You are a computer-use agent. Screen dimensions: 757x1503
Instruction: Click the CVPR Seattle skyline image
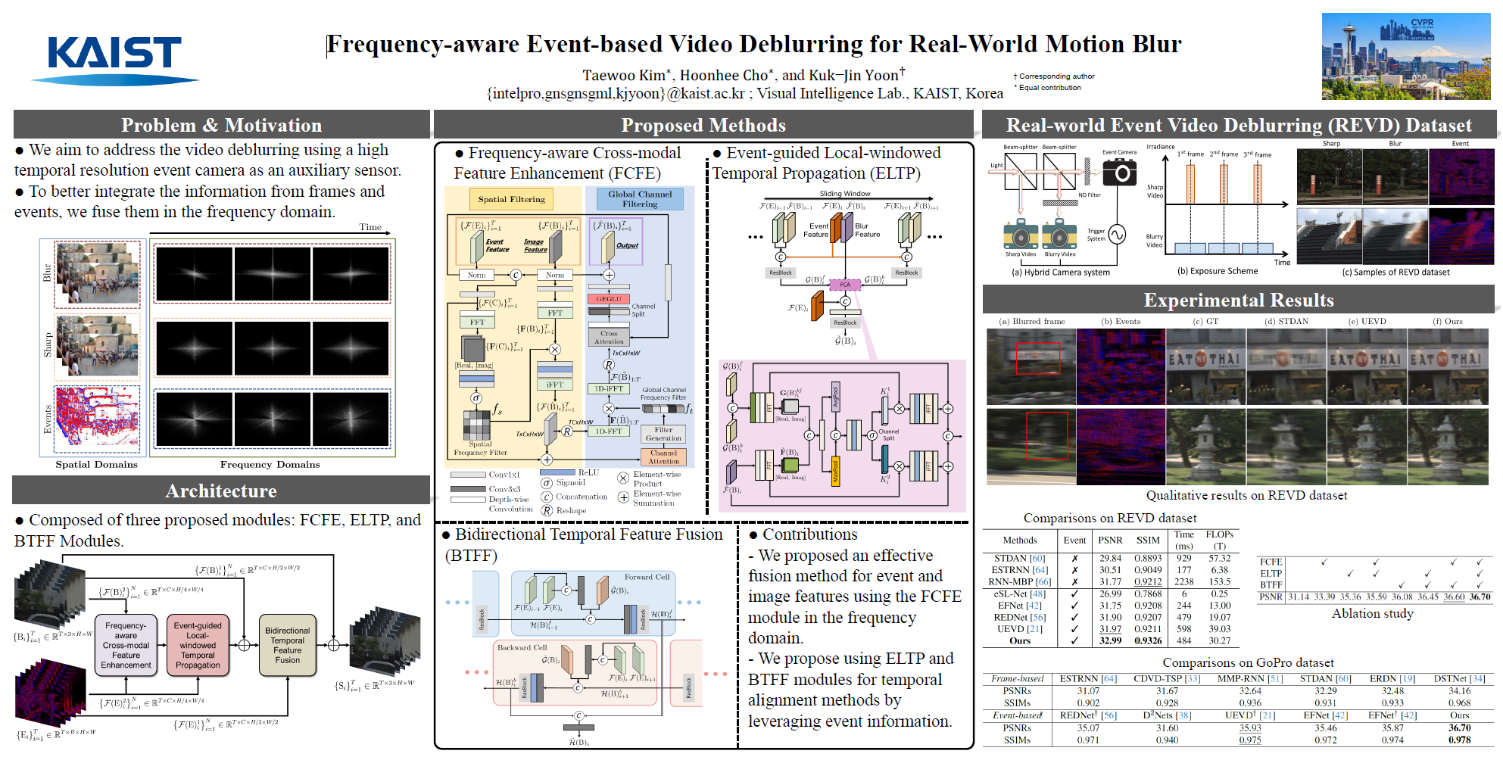[x=1405, y=56]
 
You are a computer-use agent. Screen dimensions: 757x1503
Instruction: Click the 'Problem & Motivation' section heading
[x=221, y=125]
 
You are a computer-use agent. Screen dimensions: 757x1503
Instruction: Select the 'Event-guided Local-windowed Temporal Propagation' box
[x=198, y=645]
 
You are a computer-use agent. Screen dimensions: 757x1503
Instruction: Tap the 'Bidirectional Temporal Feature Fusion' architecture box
[x=287, y=645]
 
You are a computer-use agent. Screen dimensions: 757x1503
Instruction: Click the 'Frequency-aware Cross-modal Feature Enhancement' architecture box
[x=126, y=645]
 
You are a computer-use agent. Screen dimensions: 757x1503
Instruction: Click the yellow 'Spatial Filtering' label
[x=511, y=199]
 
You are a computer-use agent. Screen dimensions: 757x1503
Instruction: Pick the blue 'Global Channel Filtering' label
[x=640, y=199]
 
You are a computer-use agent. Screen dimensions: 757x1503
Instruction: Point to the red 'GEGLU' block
[x=608, y=299]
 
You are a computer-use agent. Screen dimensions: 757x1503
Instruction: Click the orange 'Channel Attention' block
[x=663, y=456]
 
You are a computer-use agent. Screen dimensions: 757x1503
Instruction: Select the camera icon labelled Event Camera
[x=1119, y=172]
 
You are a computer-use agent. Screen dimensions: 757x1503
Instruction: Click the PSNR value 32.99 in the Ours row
[x=1110, y=640]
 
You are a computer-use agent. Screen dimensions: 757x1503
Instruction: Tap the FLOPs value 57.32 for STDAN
[x=1219, y=558]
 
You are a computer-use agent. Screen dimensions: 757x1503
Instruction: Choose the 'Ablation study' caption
[x=1372, y=613]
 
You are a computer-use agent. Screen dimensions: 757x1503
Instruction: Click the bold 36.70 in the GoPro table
[x=1459, y=727]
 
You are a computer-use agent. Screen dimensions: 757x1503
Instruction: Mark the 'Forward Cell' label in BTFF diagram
[x=647, y=577]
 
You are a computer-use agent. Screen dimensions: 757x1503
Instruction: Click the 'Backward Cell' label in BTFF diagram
[x=522, y=647]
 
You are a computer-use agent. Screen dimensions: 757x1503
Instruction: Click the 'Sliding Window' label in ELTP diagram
[x=845, y=194]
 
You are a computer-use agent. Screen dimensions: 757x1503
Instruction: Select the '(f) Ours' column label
[x=1447, y=321]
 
